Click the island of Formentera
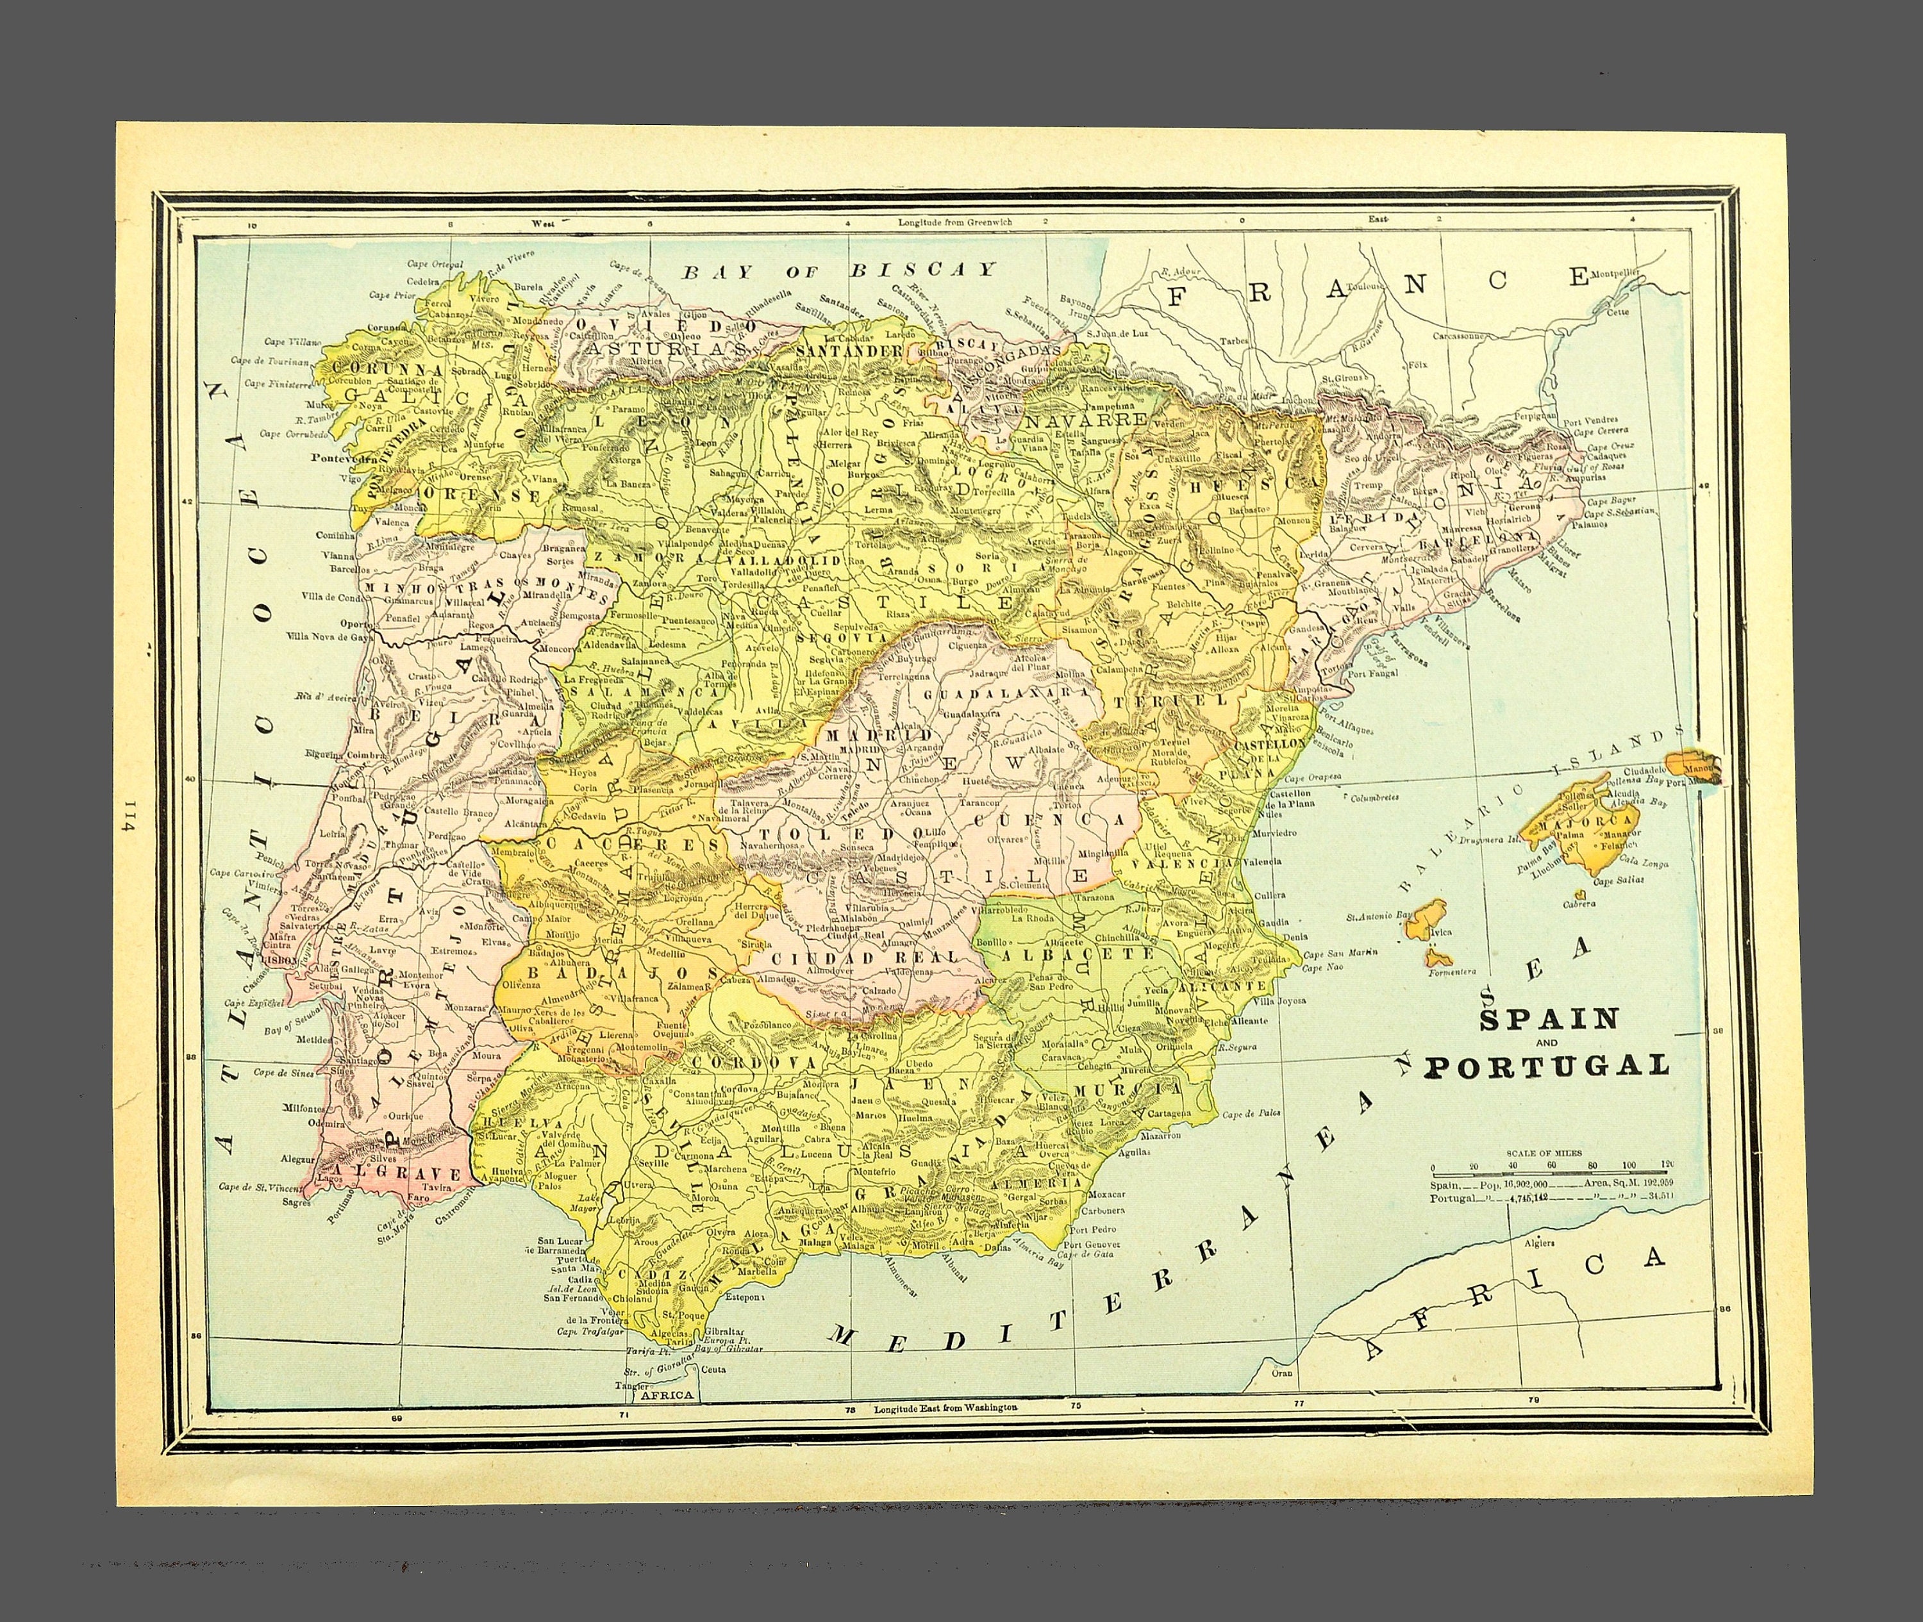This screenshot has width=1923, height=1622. tap(1438, 959)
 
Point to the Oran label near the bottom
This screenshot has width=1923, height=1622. tap(1282, 1373)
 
